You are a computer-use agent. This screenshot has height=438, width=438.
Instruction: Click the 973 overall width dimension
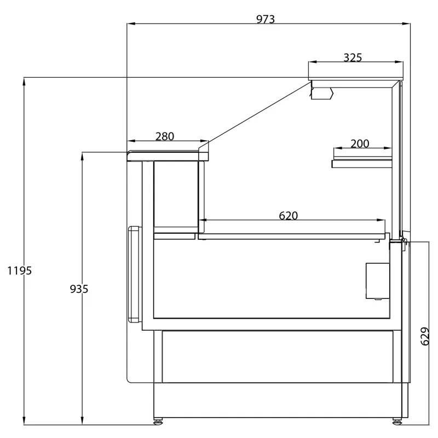(266, 19)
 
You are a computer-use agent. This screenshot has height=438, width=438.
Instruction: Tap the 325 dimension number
(353, 57)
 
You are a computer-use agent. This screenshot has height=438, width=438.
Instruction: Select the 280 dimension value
(165, 136)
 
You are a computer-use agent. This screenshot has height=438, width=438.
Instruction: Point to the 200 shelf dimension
(360, 143)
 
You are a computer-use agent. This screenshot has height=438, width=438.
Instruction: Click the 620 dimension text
(289, 216)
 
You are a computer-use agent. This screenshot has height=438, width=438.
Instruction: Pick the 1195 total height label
(19, 270)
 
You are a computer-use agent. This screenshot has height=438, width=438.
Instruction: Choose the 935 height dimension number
(79, 289)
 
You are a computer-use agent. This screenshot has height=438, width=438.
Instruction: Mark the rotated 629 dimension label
(425, 336)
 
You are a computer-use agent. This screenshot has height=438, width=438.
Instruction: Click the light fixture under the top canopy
(322, 93)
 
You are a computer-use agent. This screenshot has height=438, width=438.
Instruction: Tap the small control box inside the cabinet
(378, 281)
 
